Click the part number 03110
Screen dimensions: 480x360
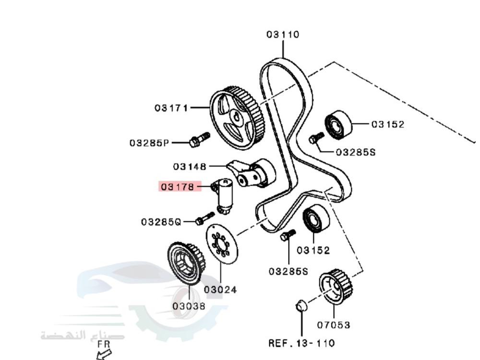point(283,34)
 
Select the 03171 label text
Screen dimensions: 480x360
point(171,108)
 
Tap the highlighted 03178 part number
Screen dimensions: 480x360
point(178,186)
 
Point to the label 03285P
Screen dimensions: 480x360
point(149,143)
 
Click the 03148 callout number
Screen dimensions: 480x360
point(190,167)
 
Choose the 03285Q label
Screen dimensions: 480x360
point(161,222)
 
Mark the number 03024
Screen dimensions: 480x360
point(220,289)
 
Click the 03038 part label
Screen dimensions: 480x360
point(189,306)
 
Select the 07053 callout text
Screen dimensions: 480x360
point(334,325)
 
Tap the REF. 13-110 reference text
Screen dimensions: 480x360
point(301,343)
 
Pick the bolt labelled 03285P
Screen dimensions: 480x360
point(199,140)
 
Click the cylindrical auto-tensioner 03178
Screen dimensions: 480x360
point(224,196)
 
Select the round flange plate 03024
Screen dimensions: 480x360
point(222,244)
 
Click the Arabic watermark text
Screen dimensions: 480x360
point(83,336)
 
